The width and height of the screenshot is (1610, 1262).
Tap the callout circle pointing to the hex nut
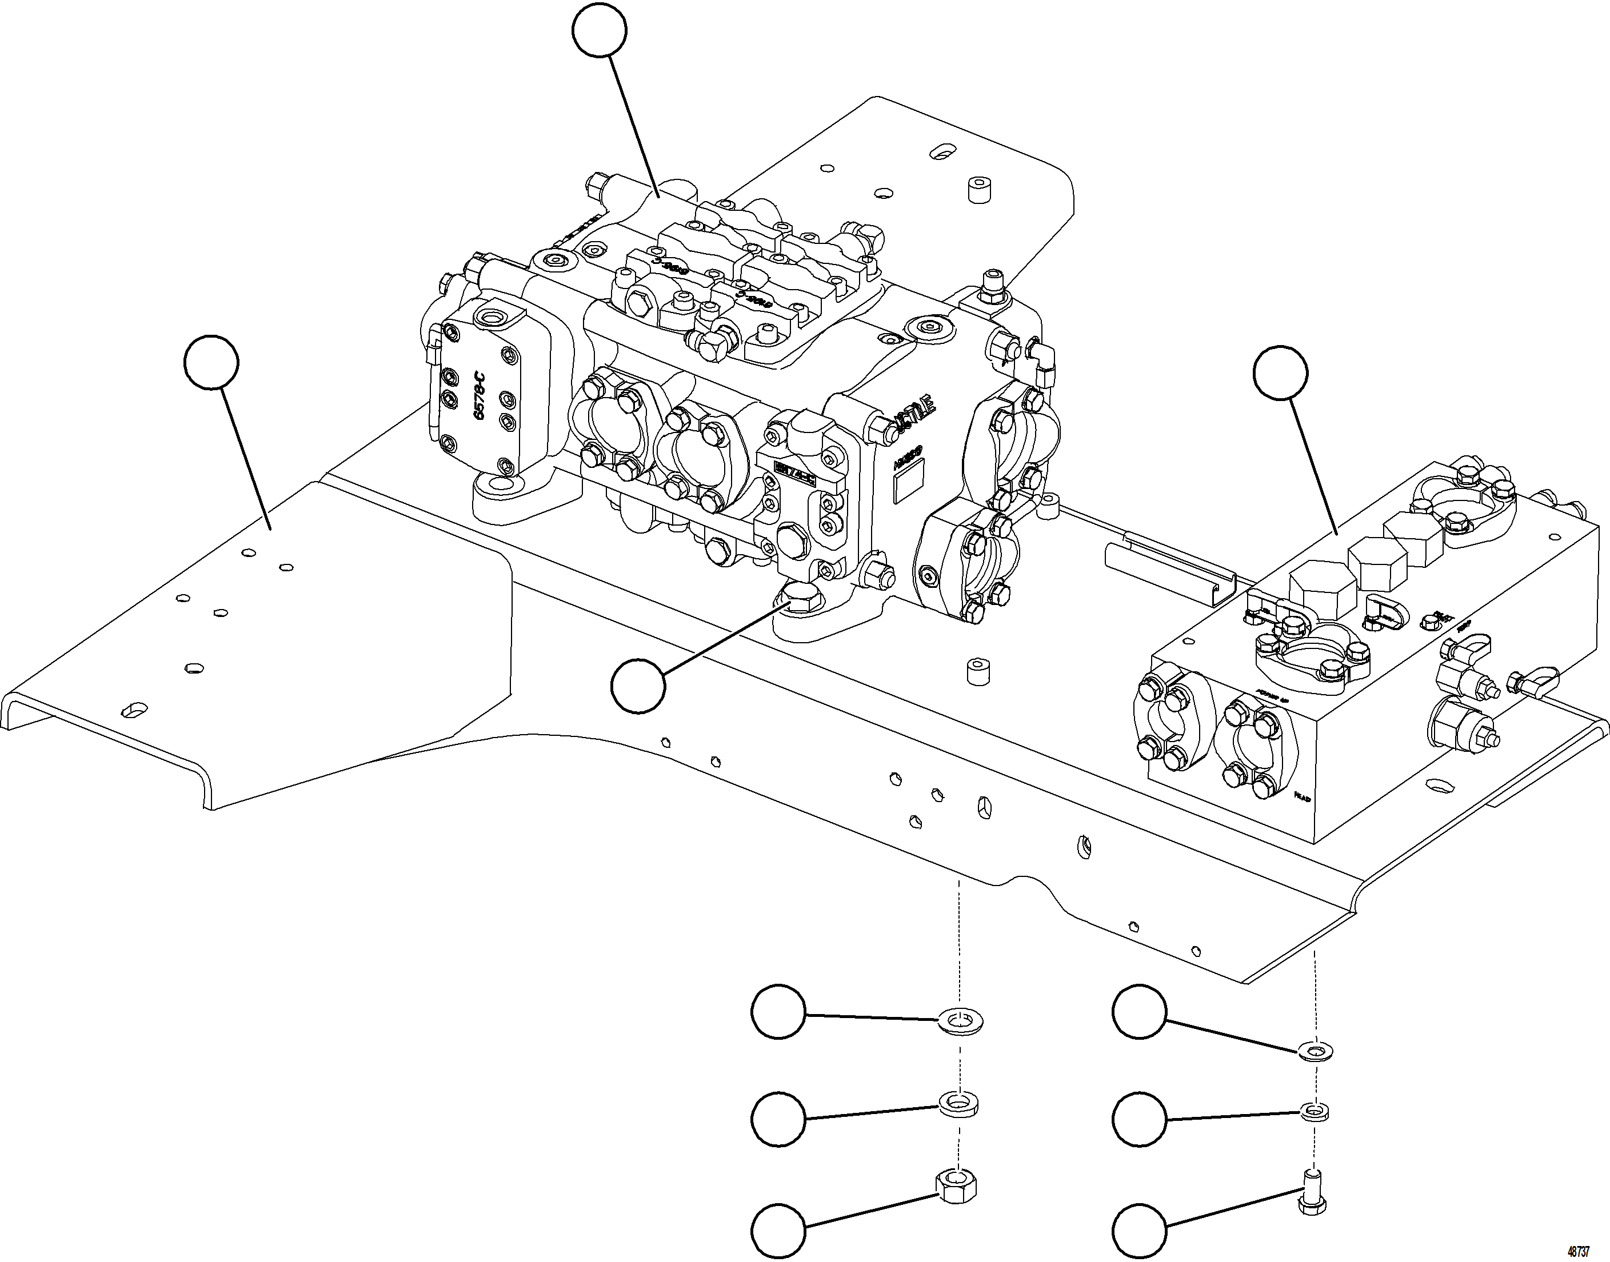pos(778,1232)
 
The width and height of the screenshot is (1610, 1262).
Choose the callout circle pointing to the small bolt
pos(1139,1232)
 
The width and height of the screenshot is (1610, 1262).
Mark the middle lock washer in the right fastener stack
pos(1313,1111)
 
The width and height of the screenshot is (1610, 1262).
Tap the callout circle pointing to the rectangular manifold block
pos(1280,372)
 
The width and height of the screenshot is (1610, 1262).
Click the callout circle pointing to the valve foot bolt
pos(638,686)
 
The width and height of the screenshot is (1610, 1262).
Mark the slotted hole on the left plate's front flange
pos(134,710)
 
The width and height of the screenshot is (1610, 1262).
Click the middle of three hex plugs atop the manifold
pos(1376,564)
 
